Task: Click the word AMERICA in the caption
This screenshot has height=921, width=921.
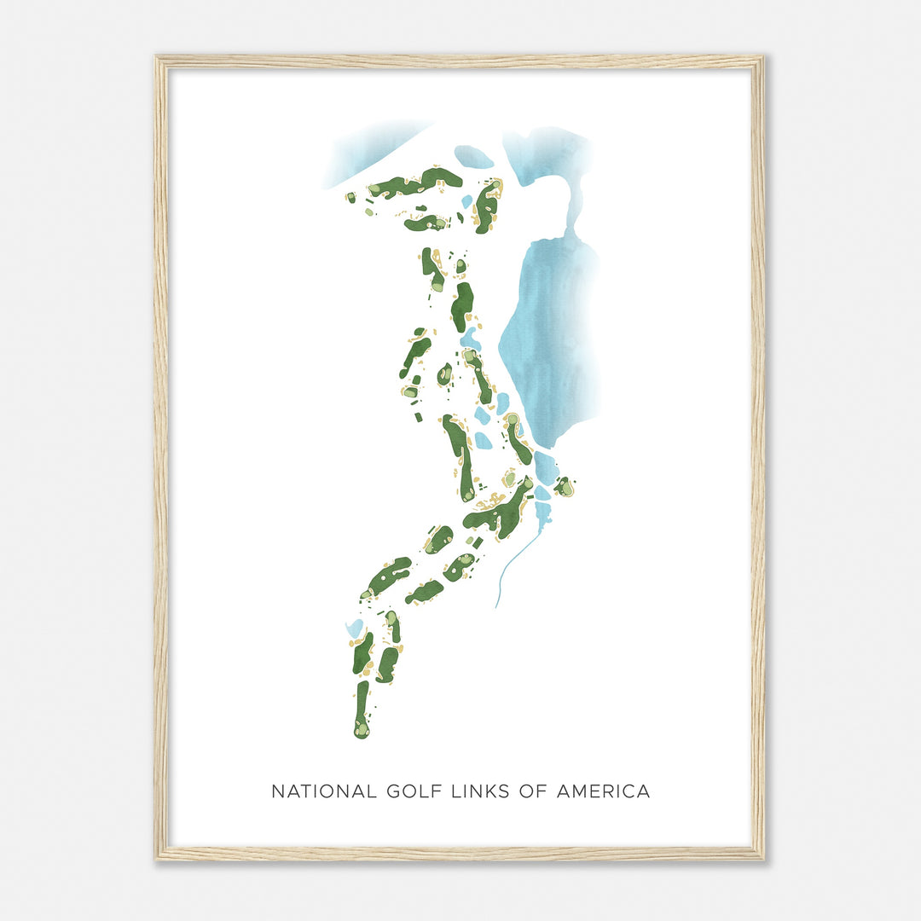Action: coord(603,791)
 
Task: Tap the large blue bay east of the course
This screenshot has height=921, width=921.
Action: coord(550,341)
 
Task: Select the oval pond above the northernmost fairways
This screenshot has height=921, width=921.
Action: coord(473,157)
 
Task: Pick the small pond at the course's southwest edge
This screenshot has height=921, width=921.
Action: coord(354,629)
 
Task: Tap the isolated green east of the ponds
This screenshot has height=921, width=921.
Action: coord(564,487)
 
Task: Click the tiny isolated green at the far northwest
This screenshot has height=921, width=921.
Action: coord(350,198)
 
